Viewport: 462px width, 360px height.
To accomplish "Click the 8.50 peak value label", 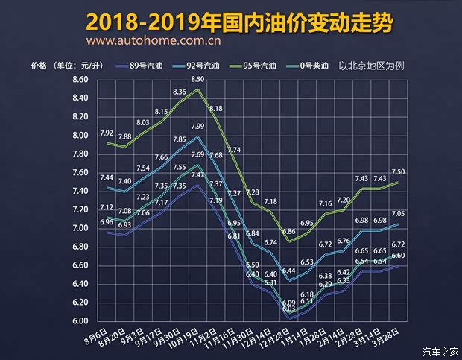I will [197, 79].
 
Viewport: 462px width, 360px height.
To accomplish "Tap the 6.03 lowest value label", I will [288, 308].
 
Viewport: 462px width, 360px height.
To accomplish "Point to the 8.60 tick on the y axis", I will [80, 80].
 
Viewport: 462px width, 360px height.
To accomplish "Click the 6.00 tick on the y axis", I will [80, 321].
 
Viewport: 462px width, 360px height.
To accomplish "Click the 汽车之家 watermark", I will [440, 351].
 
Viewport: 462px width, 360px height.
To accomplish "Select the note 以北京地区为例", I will [371, 66].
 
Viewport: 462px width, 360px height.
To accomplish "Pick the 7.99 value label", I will [197, 127].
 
